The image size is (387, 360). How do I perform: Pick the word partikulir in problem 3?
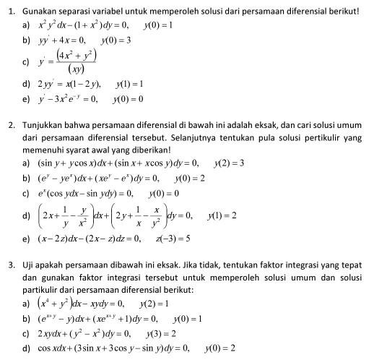40,290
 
